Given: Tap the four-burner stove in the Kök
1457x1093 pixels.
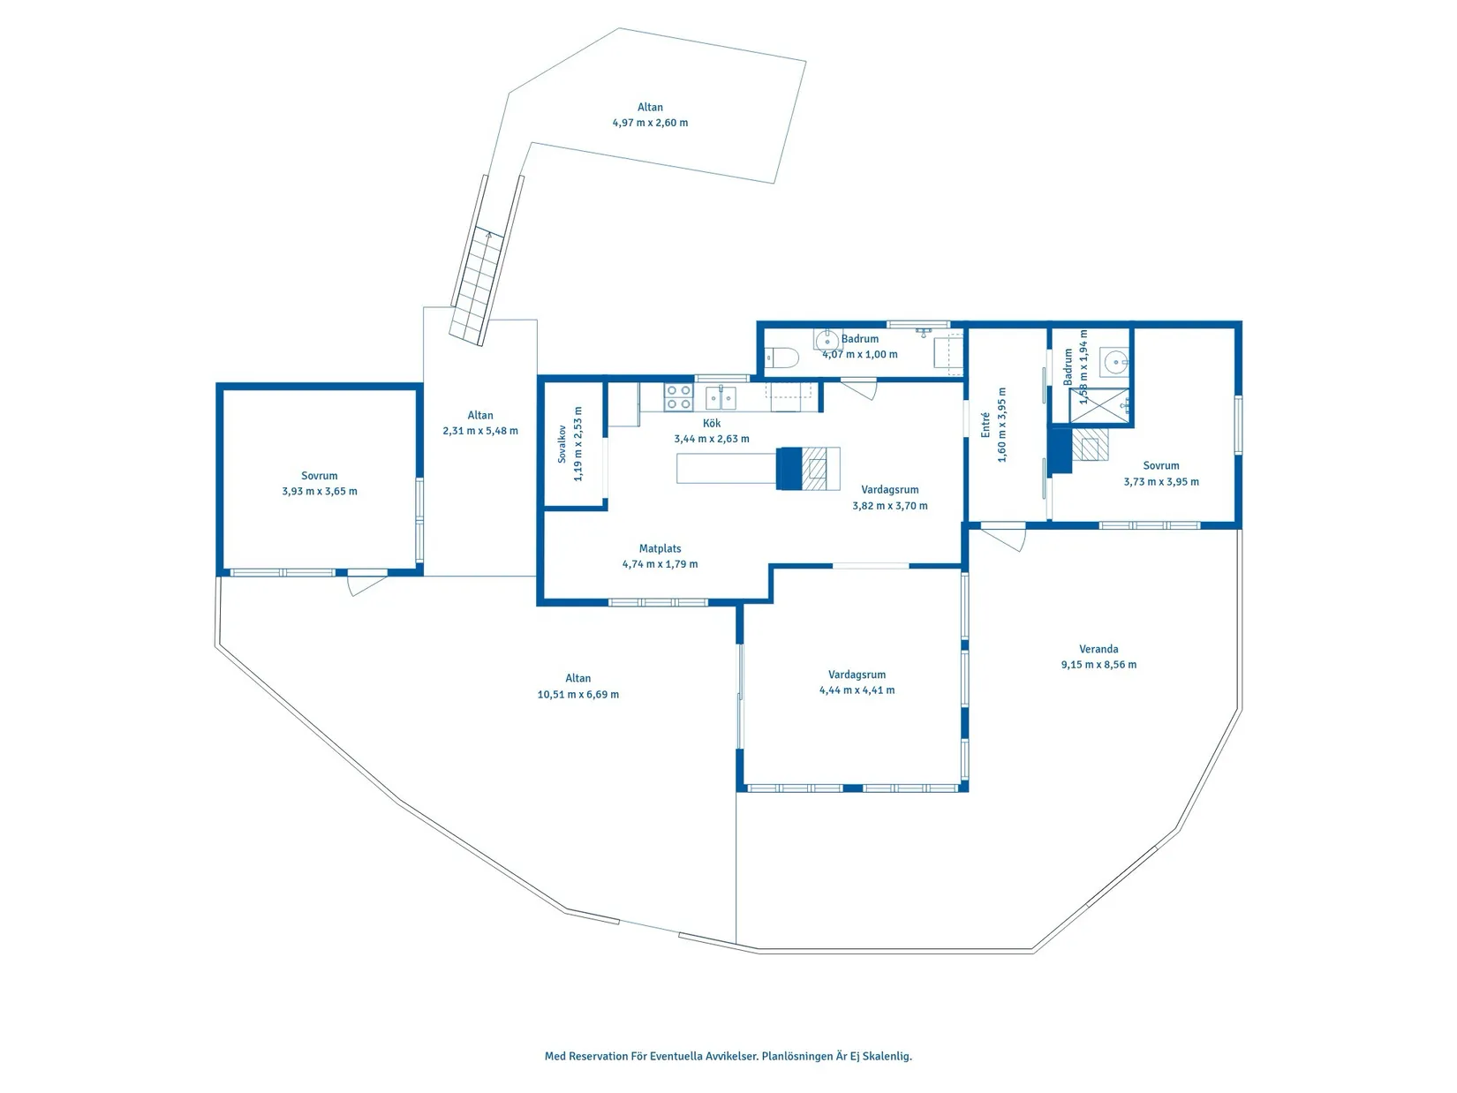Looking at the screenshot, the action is (x=678, y=396).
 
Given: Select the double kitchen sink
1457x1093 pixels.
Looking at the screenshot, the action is (x=721, y=397).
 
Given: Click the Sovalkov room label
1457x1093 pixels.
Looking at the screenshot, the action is (x=562, y=443).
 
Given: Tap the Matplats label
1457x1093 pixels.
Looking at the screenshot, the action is (x=660, y=548).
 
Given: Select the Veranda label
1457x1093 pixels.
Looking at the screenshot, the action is (x=1098, y=649).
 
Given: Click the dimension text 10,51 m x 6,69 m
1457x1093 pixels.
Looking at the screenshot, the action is (x=578, y=694).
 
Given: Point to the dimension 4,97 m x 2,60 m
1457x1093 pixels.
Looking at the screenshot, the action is (x=650, y=123).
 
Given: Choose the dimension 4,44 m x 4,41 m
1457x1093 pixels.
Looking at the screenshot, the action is (x=857, y=690).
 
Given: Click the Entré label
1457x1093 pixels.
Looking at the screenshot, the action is (x=985, y=425).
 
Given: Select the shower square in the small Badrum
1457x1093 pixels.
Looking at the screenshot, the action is (x=1098, y=405).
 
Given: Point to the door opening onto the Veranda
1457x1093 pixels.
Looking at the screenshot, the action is (x=1003, y=538).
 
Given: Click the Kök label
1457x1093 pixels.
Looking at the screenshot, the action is (x=712, y=424).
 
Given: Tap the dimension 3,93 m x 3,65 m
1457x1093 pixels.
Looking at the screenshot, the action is (x=320, y=492).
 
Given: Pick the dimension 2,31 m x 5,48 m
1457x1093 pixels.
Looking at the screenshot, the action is (x=480, y=431).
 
